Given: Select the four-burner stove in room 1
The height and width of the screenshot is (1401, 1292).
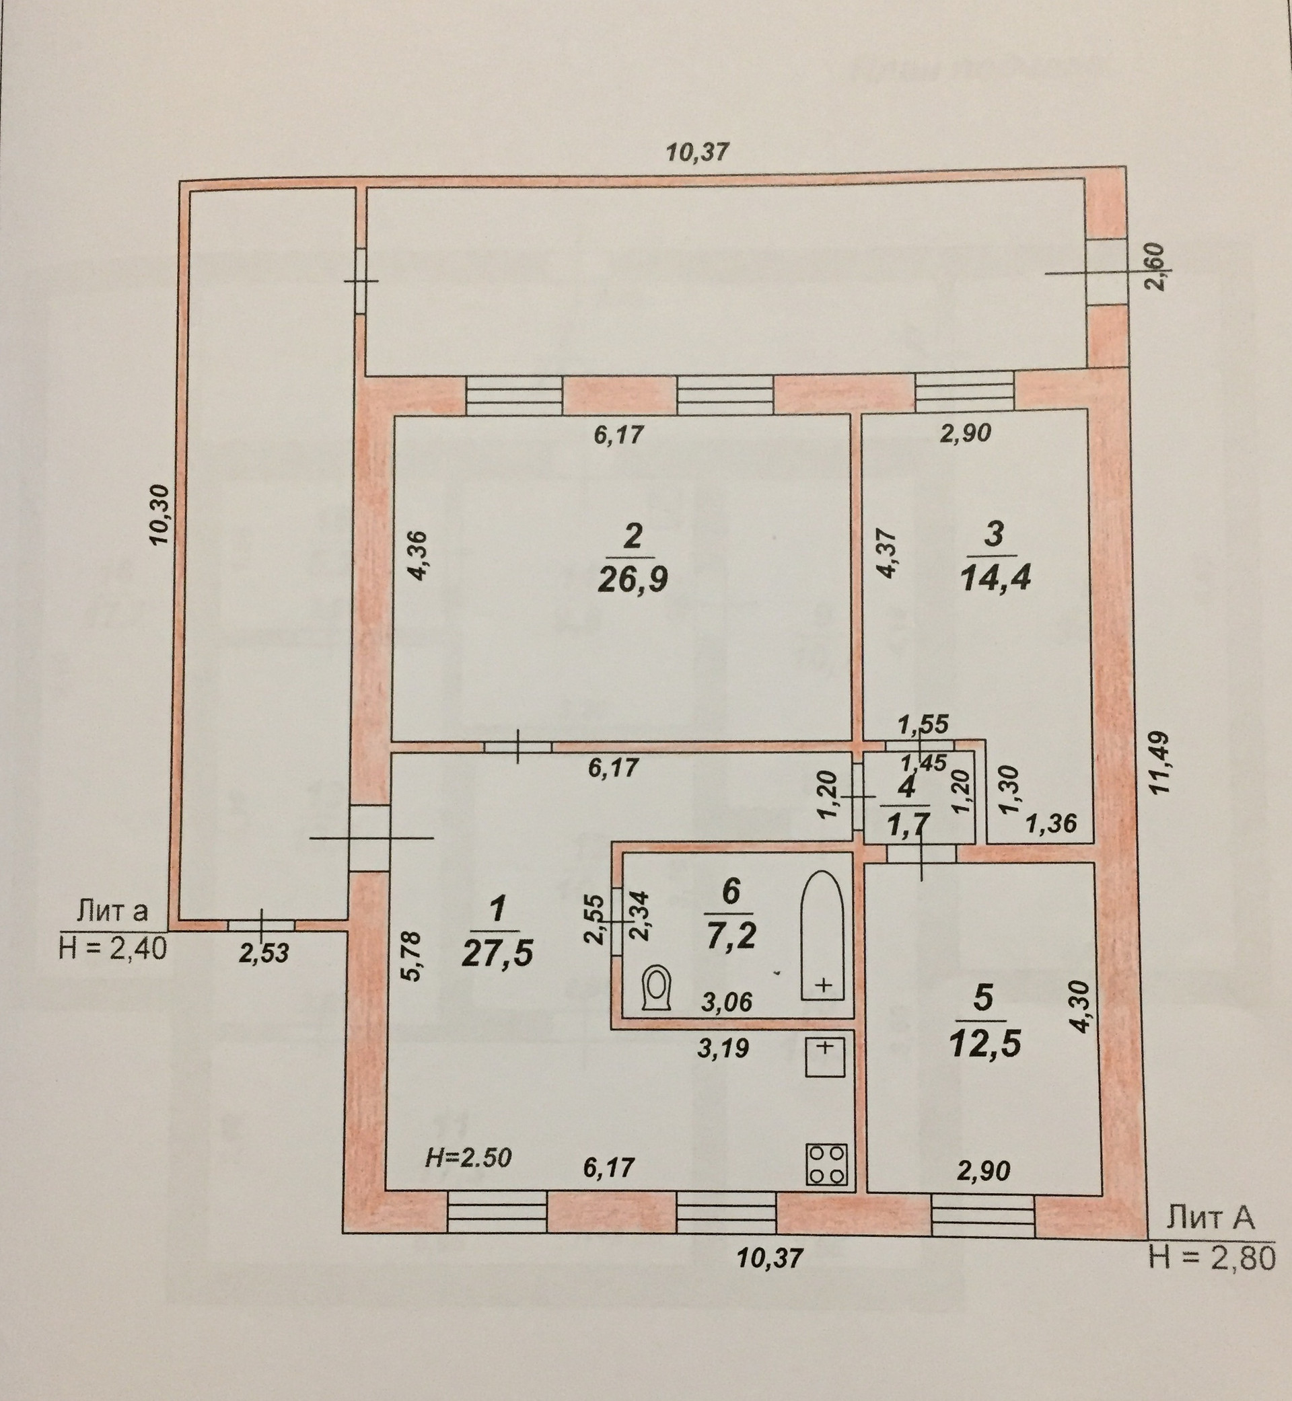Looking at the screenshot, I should [x=827, y=1164].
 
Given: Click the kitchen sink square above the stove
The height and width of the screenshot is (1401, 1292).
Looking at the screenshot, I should [x=825, y=1057].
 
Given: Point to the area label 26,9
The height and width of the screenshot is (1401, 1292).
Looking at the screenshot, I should [x=633, y=578].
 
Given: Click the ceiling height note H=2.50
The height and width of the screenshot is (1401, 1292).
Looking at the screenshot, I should [x=468, y=1158].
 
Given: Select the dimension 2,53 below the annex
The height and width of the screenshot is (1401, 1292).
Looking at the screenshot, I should [x=264, y=954].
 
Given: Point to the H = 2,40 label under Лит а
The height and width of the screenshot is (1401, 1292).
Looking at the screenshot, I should [x=113, y=950].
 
